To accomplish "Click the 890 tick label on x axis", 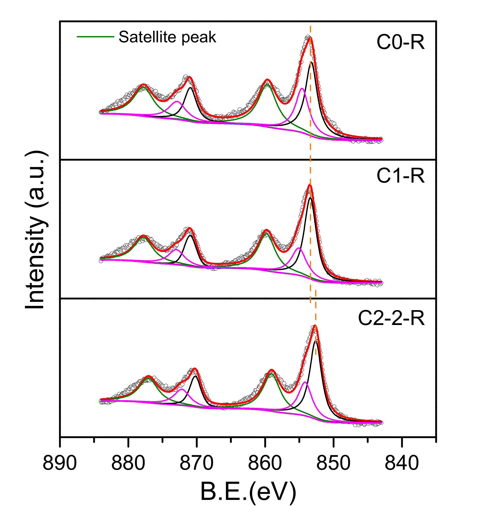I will [60, 463].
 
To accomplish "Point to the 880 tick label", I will [128, 463].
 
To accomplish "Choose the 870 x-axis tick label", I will [197, 463].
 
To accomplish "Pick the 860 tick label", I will [265, 463].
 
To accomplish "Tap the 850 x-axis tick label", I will [334, 463].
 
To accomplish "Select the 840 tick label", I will [402, 463].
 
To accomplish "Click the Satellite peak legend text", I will [167, 37].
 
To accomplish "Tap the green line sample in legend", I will [95, 37].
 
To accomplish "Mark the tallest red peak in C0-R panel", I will [310, 38].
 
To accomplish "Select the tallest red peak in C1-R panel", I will [310, 185].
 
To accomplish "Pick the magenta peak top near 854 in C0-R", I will [302, 88].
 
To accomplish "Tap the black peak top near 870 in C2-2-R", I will [196, 376].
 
